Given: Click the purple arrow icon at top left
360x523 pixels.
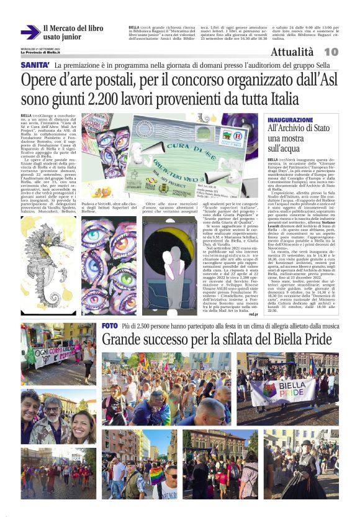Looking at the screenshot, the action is coord(29,32).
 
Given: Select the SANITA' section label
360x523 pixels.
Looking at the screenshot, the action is coord(35,65).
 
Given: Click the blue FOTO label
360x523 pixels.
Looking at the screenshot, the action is coord(109,326).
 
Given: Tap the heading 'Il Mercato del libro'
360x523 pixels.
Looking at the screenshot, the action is coord(73,28).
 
